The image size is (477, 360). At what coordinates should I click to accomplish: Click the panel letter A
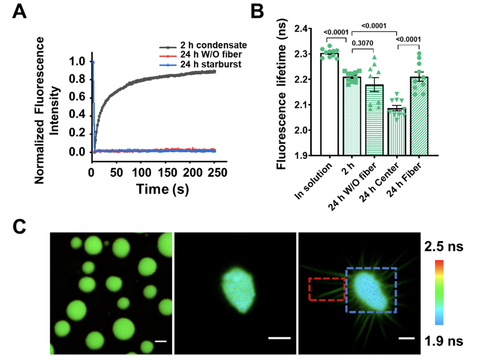tap(19, 12)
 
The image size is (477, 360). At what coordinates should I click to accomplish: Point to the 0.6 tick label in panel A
tap(77, 97)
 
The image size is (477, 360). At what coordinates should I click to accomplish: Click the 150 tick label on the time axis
tap(167, 173)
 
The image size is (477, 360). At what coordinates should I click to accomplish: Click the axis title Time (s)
tap(163, 189)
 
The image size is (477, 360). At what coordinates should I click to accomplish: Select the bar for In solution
tap(329, 105)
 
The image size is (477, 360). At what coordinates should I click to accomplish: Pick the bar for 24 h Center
tap(397, 133)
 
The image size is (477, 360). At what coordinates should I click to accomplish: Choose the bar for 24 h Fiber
tap(419, 116)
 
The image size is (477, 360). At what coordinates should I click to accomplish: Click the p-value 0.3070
tap(362, 43)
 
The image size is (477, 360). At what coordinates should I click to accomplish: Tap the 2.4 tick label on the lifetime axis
tap(301, 29)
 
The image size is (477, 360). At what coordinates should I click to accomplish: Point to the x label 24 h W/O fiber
tap(352, 187)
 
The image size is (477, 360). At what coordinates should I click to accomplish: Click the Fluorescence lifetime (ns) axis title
tap(281, 94)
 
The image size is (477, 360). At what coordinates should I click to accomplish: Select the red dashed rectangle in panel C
tap(327, 289)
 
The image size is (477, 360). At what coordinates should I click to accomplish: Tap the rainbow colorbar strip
tap(439, 292)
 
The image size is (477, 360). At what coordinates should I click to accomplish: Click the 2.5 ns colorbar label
tap(444, 246)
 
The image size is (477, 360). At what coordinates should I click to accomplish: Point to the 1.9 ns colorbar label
tap(444, 341)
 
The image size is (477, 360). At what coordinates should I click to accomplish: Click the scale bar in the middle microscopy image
tap(279, 338)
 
